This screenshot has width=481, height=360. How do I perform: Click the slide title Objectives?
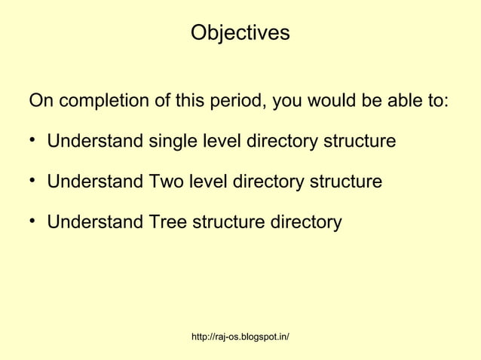[x=240, y=34]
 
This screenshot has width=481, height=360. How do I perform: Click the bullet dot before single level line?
[x=32, y=142]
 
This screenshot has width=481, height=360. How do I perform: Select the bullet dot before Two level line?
[x=32, y=182]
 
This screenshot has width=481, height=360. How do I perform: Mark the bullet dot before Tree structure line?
[x=32, y=223]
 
